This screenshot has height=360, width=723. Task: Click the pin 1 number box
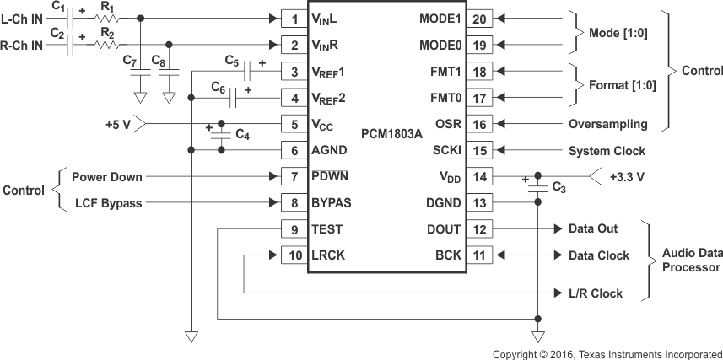click(294, 19)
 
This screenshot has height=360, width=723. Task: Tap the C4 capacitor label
click(242, 135)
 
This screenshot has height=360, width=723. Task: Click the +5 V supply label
click(119, 124)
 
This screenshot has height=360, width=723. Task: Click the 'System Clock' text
click(606, 151)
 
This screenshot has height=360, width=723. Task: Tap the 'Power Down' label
click(106, 177)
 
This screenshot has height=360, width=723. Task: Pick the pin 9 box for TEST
click(294, 228)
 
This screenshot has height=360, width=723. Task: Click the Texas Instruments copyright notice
click(607, 353)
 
